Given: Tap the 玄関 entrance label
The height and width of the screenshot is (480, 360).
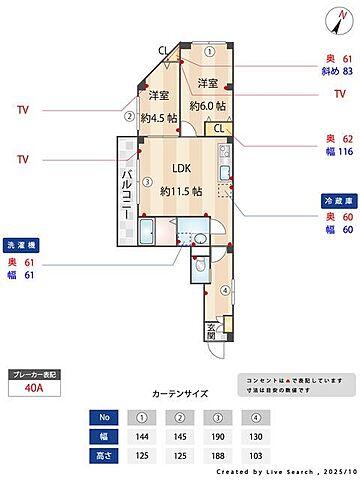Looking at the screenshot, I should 211,332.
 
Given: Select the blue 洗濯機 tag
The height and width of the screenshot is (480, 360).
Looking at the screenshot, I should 23,245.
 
